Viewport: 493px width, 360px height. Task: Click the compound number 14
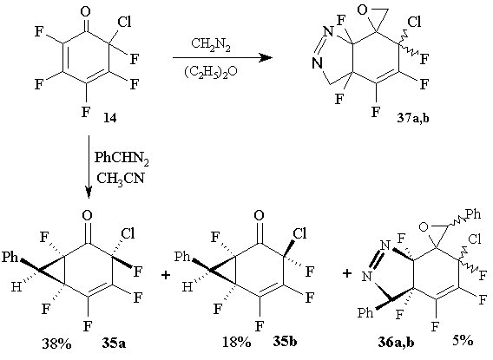point(110,118)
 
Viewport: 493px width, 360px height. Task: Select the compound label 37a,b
point(412,119)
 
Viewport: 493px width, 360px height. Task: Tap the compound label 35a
point(114,343)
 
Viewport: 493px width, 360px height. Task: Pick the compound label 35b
point(285,342)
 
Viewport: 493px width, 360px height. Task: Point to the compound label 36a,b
point(396,343)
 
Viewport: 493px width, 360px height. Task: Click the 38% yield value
point(57,344)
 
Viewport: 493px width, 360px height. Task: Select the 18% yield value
point(237,342)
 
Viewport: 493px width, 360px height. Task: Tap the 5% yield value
point(463,340)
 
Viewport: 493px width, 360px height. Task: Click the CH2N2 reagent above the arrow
point(211,45)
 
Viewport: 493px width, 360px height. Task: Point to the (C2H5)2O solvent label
point(211,72)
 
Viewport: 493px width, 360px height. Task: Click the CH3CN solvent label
point(120,179)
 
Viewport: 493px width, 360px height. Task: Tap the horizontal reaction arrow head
point(266,58)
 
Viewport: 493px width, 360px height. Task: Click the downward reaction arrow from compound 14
point(89,167)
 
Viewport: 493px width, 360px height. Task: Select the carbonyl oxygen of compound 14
point(86,12)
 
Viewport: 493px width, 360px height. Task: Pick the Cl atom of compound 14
point(124,22)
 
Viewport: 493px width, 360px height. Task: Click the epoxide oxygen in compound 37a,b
point(362,10)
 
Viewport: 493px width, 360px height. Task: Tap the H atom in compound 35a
point(16,287)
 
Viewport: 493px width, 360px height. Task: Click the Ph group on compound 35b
point(182,257)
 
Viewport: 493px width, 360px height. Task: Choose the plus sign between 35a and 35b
point(166,275)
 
